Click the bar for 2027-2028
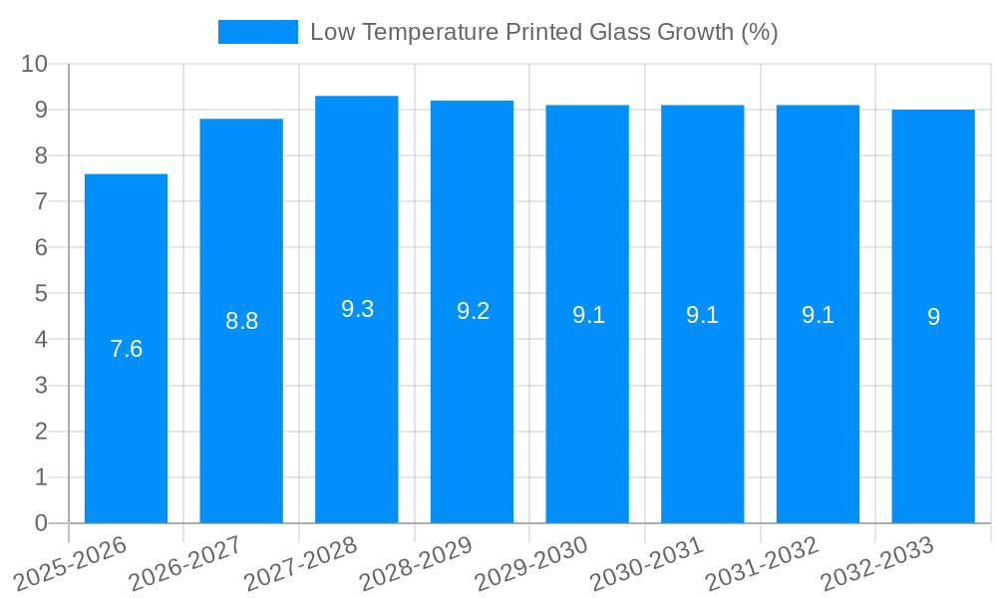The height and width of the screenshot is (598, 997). tap(356, 399)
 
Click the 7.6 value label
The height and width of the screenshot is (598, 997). tap(126, 350)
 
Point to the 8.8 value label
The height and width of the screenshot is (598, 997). tap(241, 321)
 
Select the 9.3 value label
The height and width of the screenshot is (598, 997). tap(357, 309)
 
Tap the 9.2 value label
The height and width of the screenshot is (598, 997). tap(473, 311)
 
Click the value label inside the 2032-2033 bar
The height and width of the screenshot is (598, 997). tap(933, 317)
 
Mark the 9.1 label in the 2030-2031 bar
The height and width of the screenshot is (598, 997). tap(702, 315)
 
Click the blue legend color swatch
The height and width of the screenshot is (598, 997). tap(257, 32)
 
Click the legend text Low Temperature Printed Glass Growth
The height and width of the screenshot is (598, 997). tap(543, 32)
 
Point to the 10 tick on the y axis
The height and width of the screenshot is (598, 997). tap(35, 64)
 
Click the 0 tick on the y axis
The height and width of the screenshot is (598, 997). tap(41, 523)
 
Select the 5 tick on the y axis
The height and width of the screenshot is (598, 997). tap(41, 294)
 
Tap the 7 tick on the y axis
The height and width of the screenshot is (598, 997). tap(41, 201)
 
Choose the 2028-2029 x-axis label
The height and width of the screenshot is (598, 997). tap(416, 564)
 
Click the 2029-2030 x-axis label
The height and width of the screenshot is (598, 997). tap(531, 564)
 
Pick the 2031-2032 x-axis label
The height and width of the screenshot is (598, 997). tap(762, 564)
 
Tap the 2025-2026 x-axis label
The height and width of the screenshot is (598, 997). tap(71, 564)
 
